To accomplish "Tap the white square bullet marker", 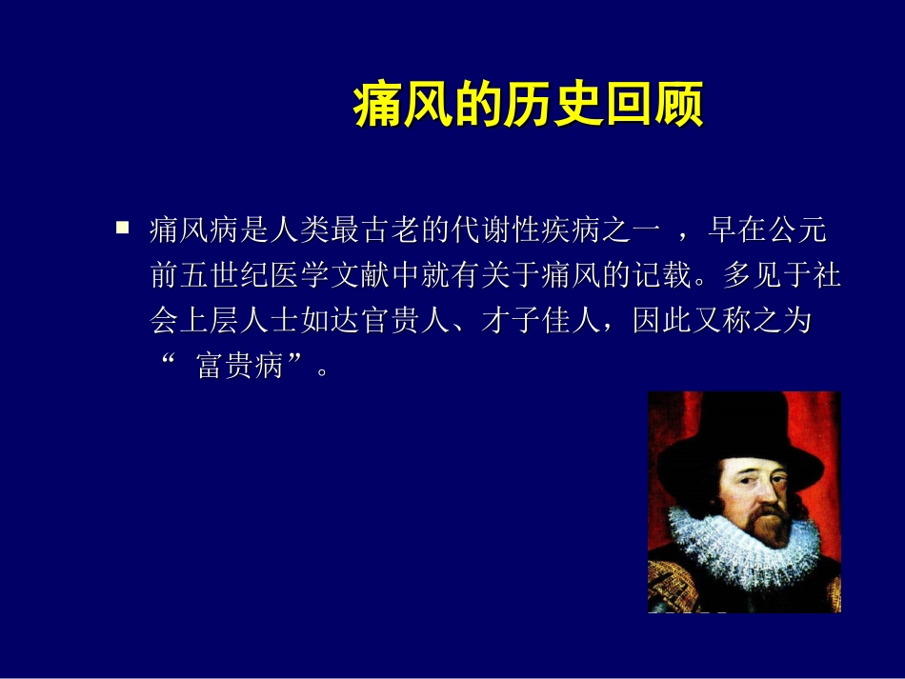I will pyautogui.click(x=122, y=228).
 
